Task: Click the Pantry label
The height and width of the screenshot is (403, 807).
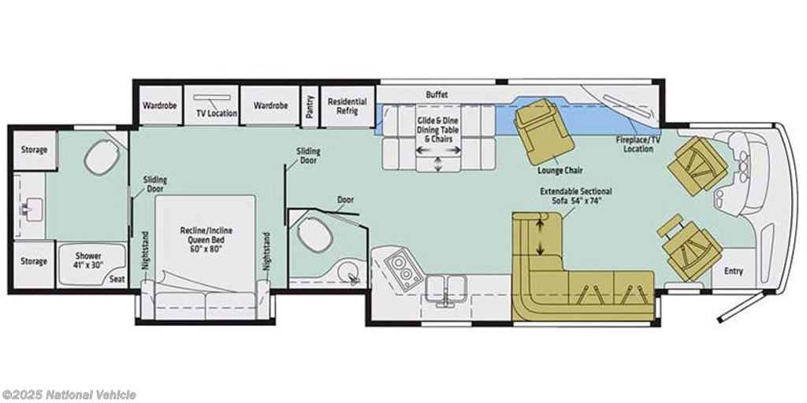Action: click(x=310, y=106)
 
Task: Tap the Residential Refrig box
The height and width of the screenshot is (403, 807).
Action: click(x=348, y=106)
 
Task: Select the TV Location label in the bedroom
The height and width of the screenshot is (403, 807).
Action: click(x=217, y=113)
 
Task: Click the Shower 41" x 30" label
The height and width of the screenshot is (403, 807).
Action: click(x=88, y=260)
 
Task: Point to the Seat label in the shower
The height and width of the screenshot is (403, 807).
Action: click(x=117, y=279)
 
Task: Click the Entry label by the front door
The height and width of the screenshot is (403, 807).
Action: click(x=734, y=271)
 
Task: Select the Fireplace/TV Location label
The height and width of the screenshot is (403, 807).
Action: click(x=634, y=144)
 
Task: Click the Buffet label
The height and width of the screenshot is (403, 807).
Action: click(x=437, y=94)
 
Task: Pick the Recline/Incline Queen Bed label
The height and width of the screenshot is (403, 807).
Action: click(x=203, y=239)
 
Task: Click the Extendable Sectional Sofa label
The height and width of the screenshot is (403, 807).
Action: click(x=575, y=195)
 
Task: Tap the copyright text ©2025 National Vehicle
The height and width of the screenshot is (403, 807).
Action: click(x=69, y=395)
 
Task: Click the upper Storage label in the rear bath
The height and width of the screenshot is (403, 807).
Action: click(x=34, y=150)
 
